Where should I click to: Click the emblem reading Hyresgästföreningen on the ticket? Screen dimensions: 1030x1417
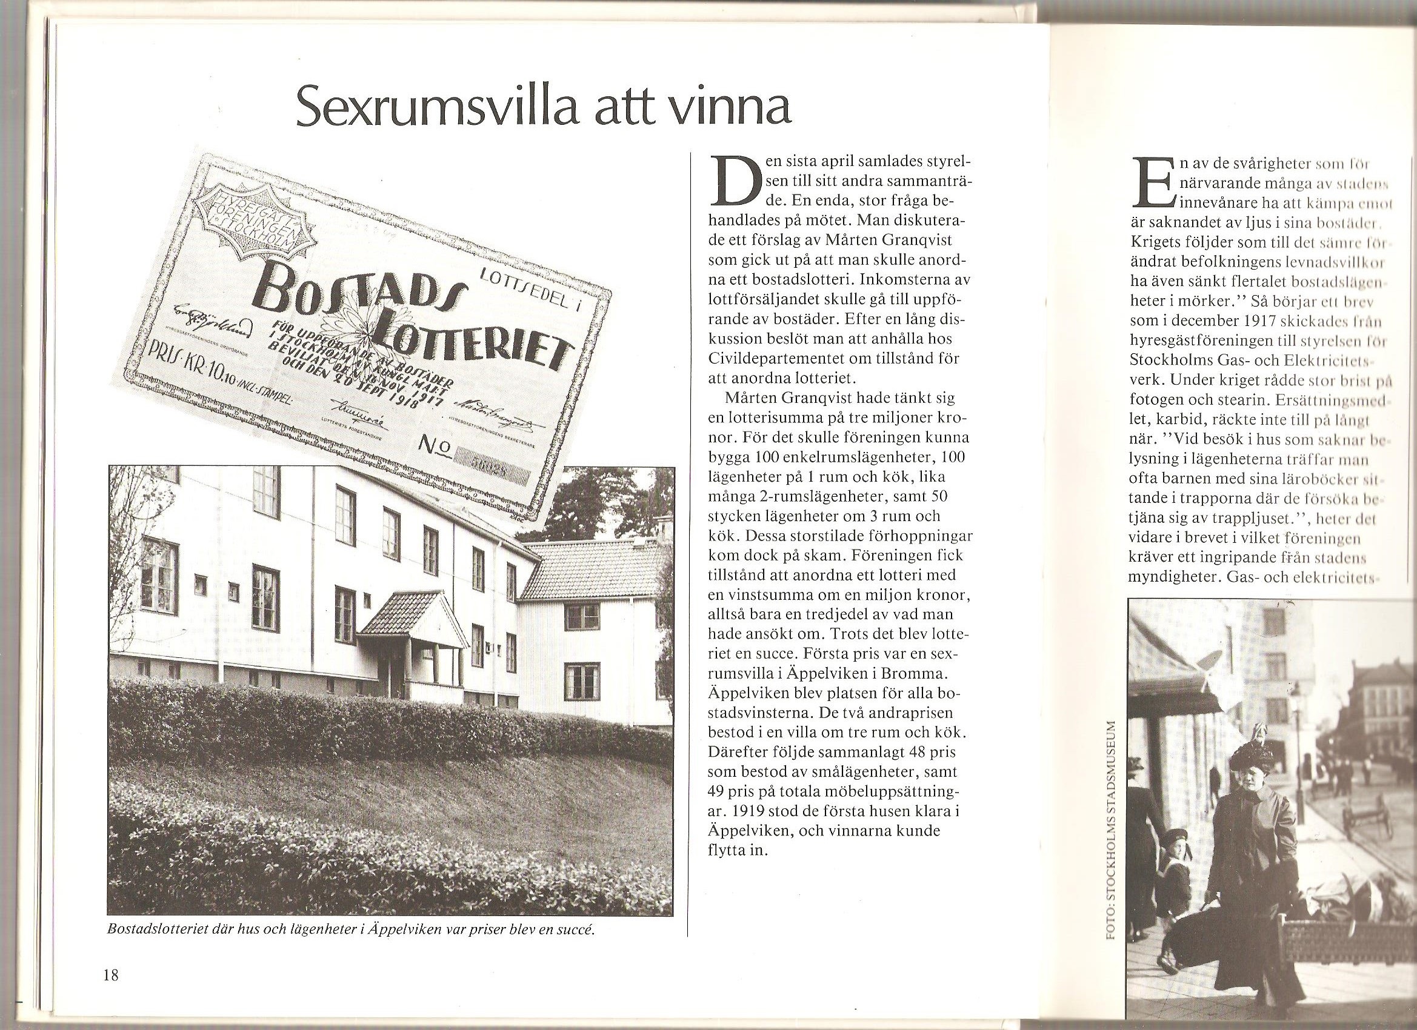pos(247,213)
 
